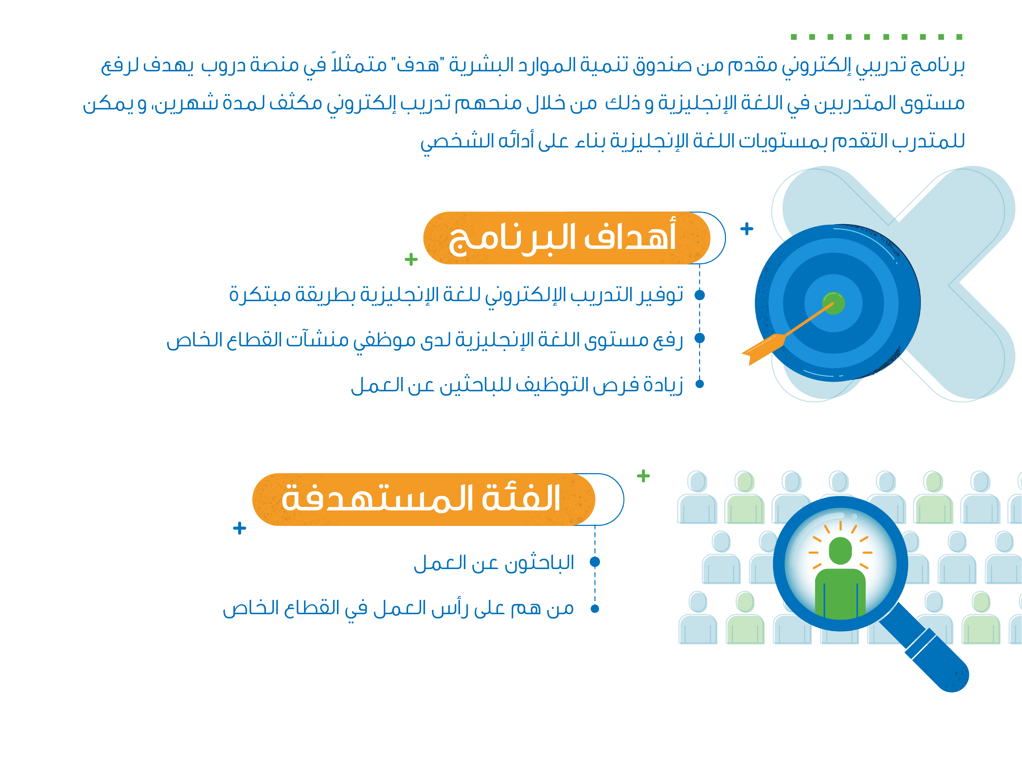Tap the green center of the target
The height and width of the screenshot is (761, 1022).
click(834, 303)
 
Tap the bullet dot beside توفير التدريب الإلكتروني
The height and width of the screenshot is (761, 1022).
click(700, 294)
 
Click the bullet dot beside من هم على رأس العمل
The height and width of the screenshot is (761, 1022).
click(595, 608)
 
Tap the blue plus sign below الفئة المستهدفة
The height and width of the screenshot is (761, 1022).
click(239, 528)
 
